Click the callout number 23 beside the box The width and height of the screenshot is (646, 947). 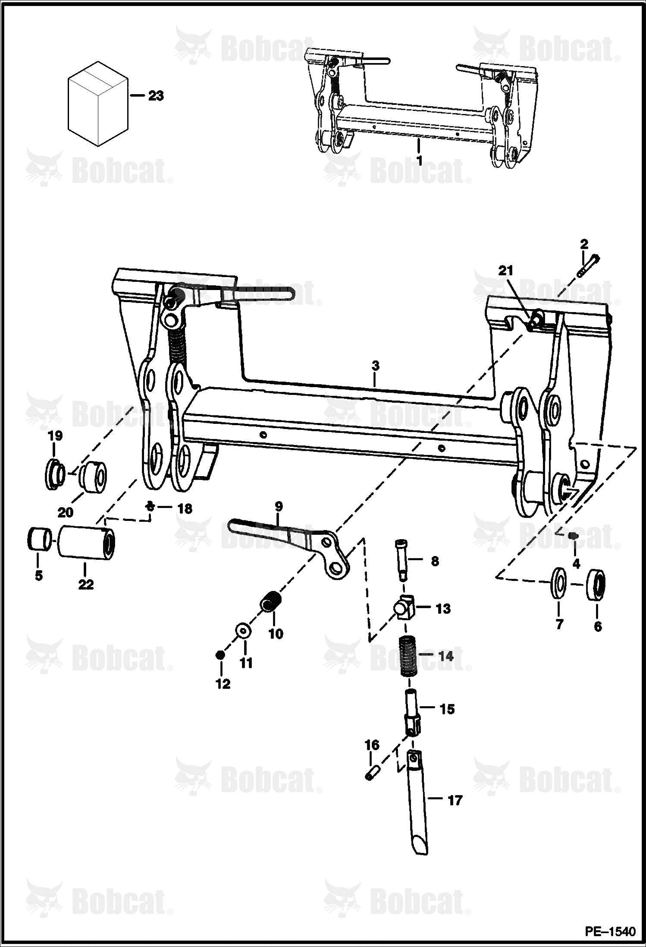point(156,96)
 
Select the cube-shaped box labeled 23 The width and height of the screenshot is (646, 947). point(98,104)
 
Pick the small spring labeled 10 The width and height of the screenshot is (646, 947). point(271,601)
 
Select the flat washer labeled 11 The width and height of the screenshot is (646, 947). point(244,631)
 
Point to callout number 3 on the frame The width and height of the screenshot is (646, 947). point(376,366)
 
